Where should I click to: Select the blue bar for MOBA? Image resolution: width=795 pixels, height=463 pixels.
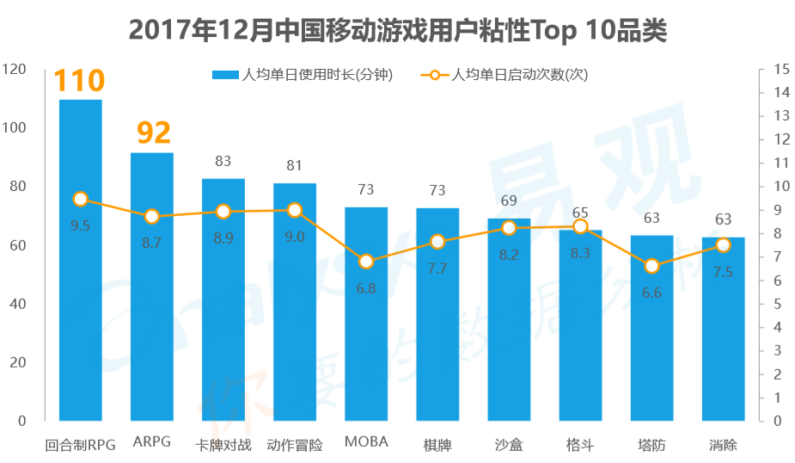[x=366, y=314]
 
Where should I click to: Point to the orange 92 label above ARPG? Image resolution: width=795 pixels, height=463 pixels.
[x=151, y=133]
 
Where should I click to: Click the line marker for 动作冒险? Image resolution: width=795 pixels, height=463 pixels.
[x=295, y=210]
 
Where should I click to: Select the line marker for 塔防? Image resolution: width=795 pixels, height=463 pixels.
[x=651, y=266]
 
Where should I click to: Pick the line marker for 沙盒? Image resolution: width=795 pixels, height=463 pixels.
[x=509, y=228]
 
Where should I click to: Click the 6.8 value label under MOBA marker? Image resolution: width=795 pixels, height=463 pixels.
[x=366, y=288]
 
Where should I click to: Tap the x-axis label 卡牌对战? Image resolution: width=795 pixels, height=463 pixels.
[x=223, y=445]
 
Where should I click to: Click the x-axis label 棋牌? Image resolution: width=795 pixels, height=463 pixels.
[x=437, y=445]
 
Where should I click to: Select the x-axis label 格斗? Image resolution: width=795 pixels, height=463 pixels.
[x=580, y=445]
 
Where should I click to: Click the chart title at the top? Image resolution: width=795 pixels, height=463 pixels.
[x=397, y=31]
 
